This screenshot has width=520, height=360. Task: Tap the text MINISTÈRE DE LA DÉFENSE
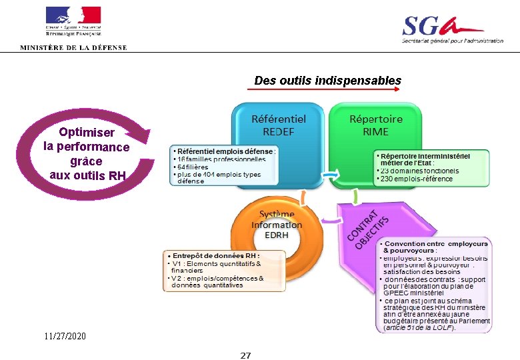73,47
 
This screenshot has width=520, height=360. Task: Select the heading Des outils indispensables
327,81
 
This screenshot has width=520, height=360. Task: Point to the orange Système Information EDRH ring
277,225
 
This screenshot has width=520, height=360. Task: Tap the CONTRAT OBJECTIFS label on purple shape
366,227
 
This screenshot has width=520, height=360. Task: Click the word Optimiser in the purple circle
86,133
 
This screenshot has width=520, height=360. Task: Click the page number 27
245,355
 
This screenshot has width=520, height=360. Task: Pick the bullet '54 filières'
193,167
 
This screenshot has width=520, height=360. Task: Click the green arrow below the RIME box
355,196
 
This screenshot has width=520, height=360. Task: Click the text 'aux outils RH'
87,175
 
